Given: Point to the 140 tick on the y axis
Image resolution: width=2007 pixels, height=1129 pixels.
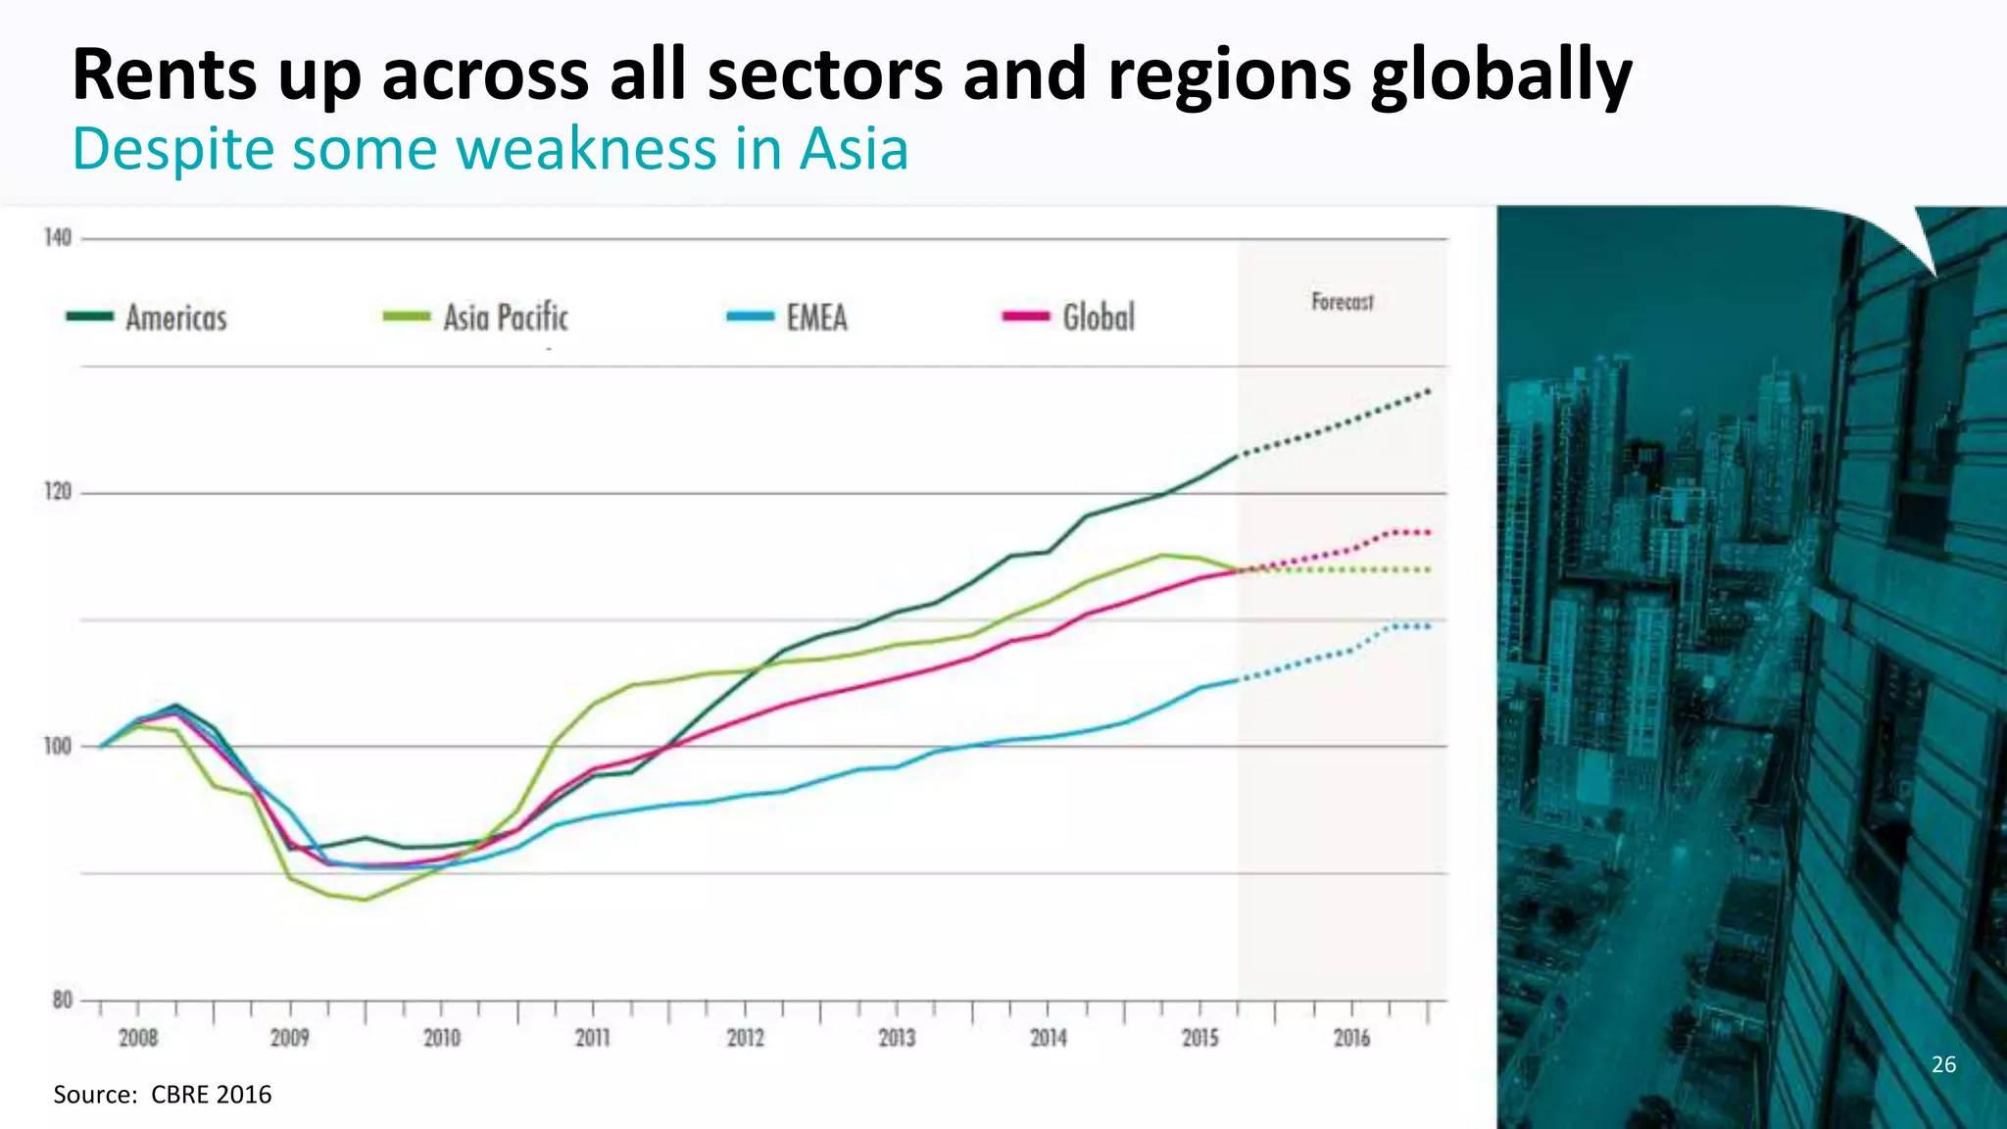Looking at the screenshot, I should (x=58, y=238).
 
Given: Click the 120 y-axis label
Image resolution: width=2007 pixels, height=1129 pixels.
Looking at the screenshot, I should (x=58, y=492).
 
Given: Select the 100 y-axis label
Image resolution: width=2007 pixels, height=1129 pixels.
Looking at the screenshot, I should (x=58, y=747).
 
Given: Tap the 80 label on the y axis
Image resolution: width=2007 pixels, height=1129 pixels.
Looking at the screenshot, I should (x=62, y=1001).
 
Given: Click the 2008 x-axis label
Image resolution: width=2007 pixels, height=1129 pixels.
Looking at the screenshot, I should (x=138, y=1038).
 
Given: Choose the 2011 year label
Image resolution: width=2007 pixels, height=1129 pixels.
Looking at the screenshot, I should (x=593, y=1038).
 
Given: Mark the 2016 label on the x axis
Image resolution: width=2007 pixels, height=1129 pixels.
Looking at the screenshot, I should (x=1351, y=1038).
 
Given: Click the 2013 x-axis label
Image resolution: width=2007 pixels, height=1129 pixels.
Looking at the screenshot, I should (x=897, y=1038).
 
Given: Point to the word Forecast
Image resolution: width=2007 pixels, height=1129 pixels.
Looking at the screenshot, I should (x=1343, y=302).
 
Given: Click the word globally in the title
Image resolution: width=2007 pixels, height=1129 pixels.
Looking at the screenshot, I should (x=1500, y=76).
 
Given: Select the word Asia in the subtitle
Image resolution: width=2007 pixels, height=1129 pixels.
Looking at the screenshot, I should (x=854, y=150).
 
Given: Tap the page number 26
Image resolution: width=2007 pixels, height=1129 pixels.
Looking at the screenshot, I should (x=1943, y=1064).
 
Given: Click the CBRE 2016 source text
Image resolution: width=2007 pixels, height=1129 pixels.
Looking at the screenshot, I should (x=211, y=1095).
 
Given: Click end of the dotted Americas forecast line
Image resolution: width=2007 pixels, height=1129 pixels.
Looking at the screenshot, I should (x=1428, y=391).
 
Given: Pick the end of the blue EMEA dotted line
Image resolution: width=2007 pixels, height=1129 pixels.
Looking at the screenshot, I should (x=1428, y=626).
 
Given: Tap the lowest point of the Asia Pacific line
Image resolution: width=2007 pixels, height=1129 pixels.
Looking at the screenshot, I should (x=365, y=900).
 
